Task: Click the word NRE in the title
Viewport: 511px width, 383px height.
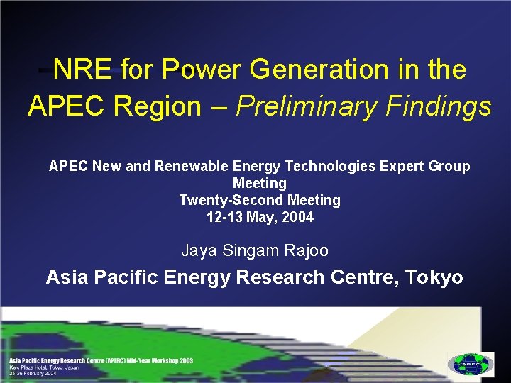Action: click(x=82, y=70)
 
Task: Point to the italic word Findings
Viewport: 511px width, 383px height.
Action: click(x=439, y=106)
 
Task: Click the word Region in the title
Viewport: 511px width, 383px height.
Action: click(x=157, y=106)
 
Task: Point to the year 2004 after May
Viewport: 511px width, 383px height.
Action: click(x=297, y=217)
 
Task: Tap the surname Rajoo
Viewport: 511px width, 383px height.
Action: click(x=308, y=250)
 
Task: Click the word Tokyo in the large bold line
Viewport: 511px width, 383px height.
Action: click(x=434, y=277)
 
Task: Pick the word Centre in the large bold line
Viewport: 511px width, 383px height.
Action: click(x=362, y=277)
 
